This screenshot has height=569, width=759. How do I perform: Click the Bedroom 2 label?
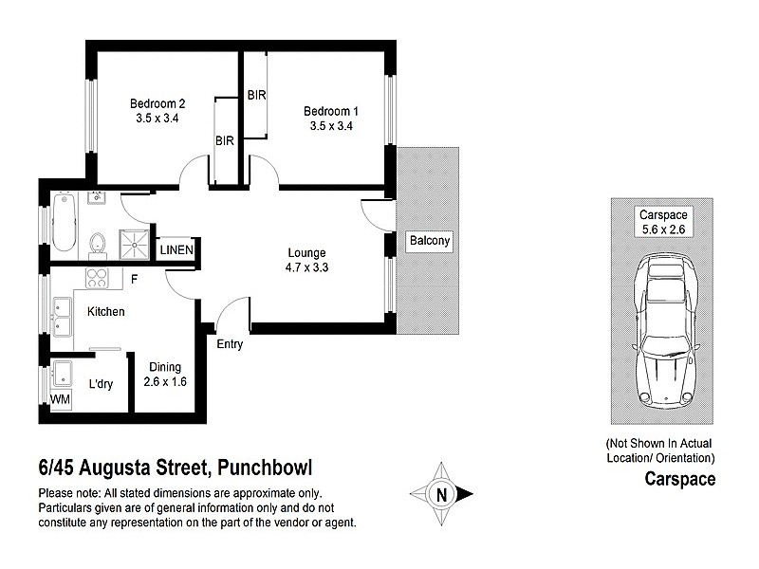[x=157, y=103]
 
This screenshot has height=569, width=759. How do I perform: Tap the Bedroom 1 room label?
[x=331, y=111]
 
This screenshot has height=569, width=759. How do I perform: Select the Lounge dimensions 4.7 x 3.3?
[x=307, y=267]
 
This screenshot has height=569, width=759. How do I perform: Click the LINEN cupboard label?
[x=176, y=250]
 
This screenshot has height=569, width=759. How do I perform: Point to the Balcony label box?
[x=429, y=242]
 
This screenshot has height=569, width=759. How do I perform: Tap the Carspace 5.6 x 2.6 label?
[x=661, y=222]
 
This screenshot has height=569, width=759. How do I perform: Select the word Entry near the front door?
[x=230, y=344]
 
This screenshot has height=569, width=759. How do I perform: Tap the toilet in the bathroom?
[x=96, y=246]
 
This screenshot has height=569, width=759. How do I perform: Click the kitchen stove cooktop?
[x=98, y=278]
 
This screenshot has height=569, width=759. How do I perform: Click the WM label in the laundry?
[x=59, y=400]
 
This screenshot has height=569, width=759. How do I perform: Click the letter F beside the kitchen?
[x=135, y=279]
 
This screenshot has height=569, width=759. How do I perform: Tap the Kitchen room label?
[x=106, y=311]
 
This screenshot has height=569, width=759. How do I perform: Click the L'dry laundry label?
[x=102, y=385]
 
